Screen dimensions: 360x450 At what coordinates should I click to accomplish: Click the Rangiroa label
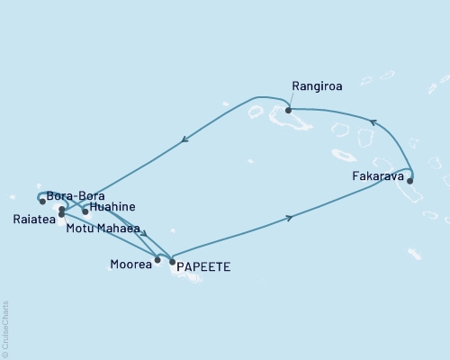tap(315, 87)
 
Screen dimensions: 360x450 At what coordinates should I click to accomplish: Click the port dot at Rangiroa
tap(288, 111)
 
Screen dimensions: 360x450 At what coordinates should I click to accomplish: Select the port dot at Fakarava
tap(410, 181)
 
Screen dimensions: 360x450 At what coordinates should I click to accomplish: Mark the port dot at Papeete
tap(172, 262)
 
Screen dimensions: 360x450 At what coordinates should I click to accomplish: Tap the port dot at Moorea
tap(157, 260)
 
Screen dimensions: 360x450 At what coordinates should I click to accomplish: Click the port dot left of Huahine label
tap(85, 212)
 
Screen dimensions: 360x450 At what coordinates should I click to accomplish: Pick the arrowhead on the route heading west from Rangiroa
tap(184, 139)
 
